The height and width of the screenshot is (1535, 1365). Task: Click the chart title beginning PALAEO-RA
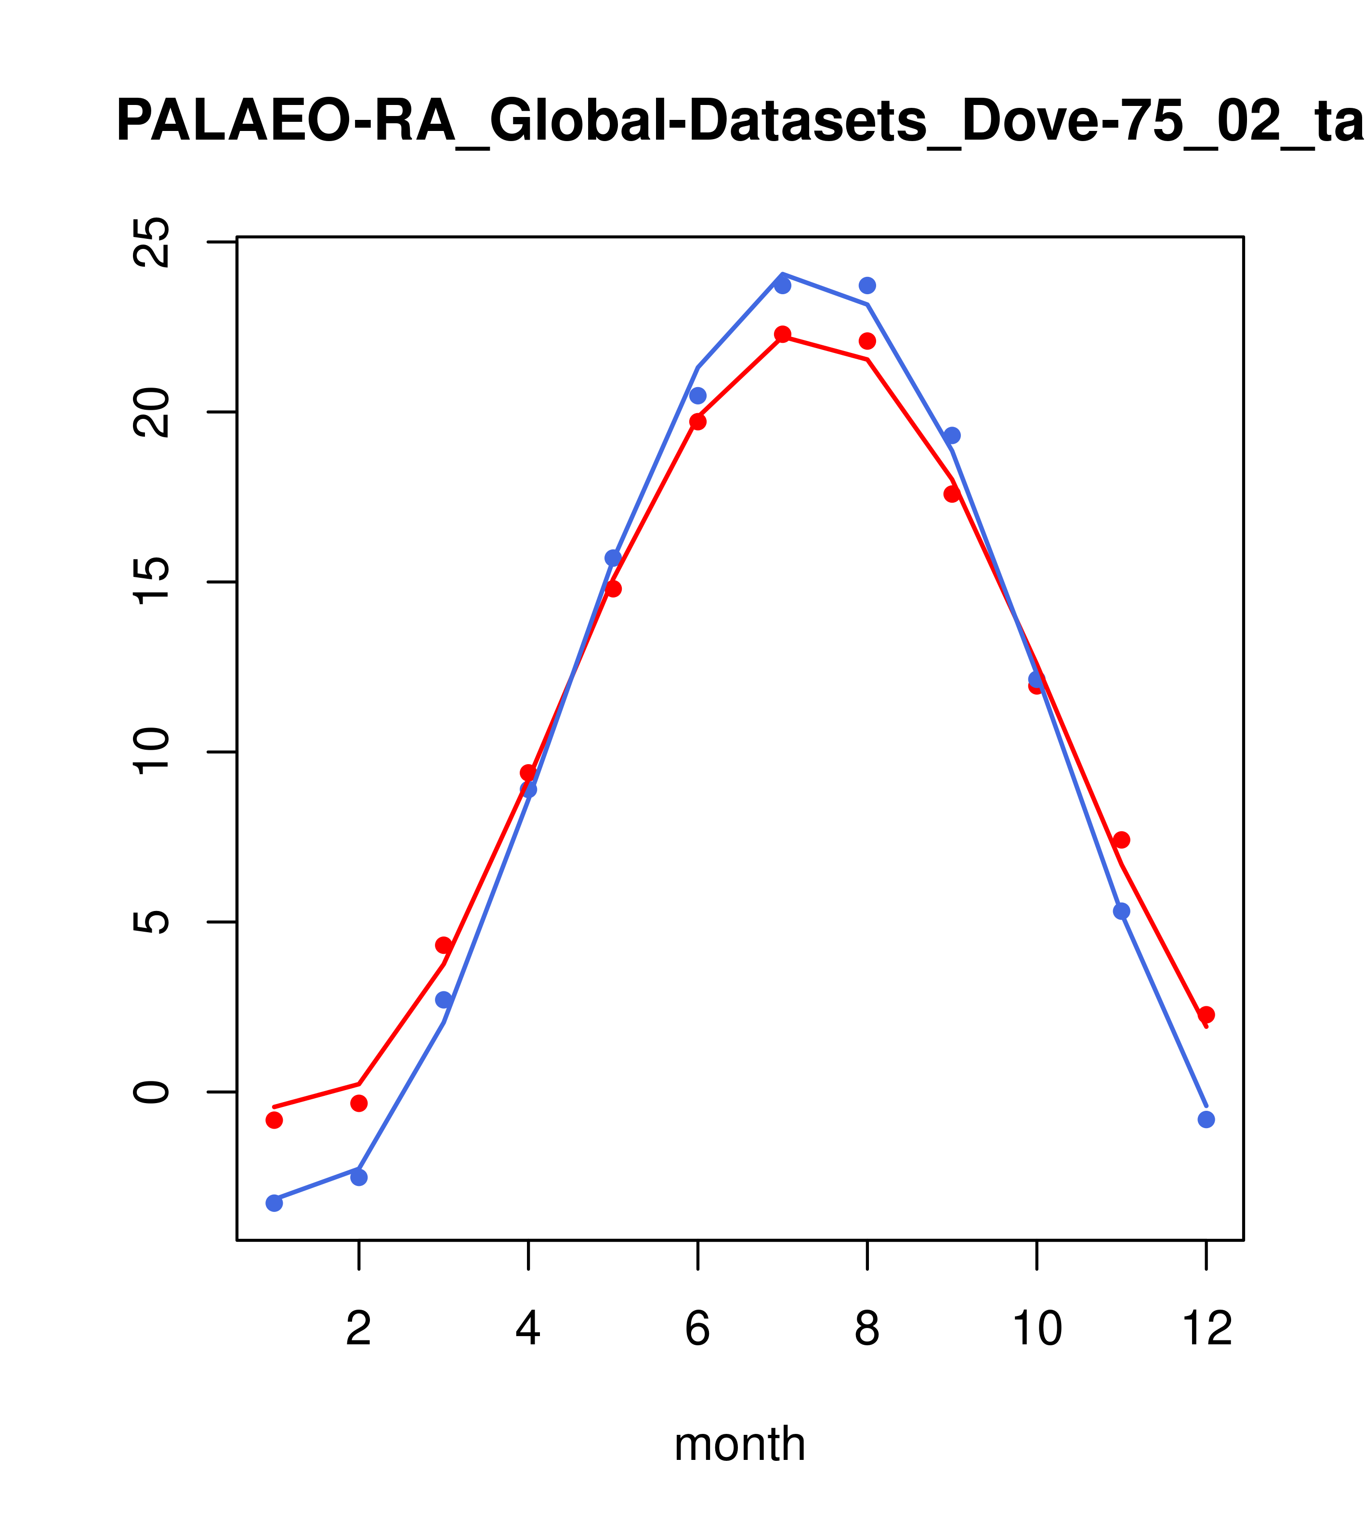click(740, 122)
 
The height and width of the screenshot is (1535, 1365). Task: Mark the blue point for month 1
click(274, 1203)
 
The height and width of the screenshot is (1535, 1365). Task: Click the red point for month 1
click(274, 1119)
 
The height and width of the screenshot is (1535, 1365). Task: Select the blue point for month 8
click(867, 286)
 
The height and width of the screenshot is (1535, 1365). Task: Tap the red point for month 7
click(782, 334)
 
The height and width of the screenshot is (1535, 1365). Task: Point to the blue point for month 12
click(1207, 1119)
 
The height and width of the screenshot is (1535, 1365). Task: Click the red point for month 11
click(1122, 840)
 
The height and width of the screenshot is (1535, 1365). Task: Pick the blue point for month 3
click(444, 1000)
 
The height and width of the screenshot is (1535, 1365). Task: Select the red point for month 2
click(359, 1103)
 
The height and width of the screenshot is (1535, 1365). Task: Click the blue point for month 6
click(698, 396)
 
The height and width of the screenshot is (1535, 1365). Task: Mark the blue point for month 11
click(1122, 911)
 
